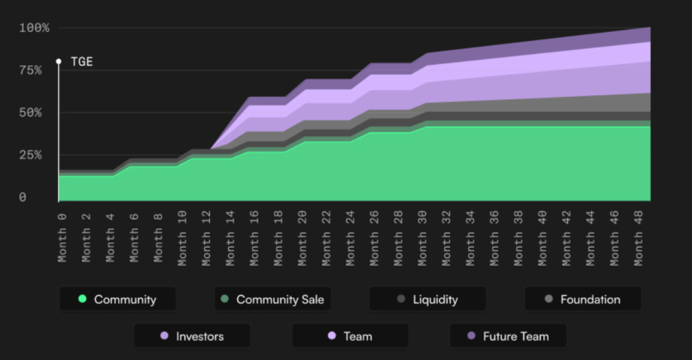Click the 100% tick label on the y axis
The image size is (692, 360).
tap(34, 28)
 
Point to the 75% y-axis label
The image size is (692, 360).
tap(30, 70)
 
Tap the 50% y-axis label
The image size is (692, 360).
tap(30, 113)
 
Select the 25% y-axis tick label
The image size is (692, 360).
tap(30, 155)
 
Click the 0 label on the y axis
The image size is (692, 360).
tap(23, 197)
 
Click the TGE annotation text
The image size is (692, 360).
tap(81, 61)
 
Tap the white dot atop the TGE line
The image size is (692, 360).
tap(59, 61)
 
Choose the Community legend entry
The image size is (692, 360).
tap(117, 299)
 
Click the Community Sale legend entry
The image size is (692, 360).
tap(273, 299)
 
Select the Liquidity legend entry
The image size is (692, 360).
tap(428, 299)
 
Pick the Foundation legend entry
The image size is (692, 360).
tap(583, 299)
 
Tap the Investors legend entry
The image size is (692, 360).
tap(192, 336)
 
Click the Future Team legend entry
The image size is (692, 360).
tap(508, 336)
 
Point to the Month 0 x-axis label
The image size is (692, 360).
tap(62, 237)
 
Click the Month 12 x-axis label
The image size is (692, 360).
tap(206, 237)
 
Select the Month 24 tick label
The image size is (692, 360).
tap(350, 237)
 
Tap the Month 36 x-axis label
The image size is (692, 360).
tap(495, 237)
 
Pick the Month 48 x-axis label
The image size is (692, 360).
tap(639, 237)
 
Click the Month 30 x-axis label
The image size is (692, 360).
tap(423, 237)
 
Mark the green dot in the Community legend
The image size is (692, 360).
tap(83, 299)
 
